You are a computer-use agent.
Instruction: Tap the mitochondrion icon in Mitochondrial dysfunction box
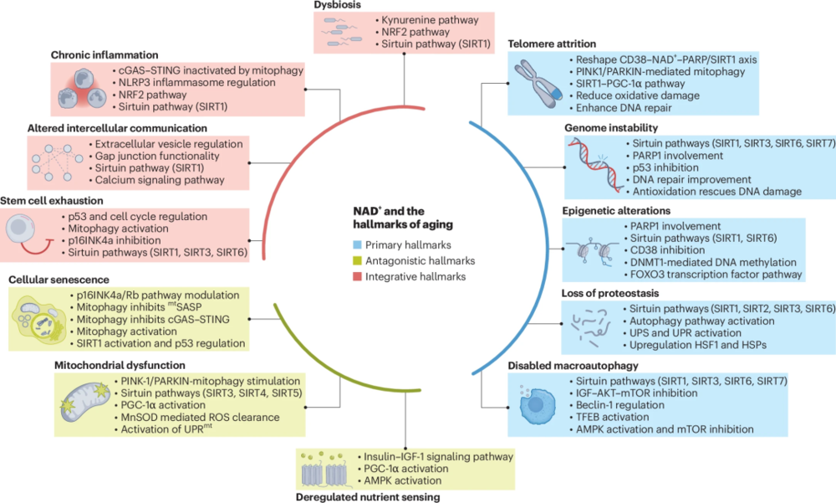click(82, 405)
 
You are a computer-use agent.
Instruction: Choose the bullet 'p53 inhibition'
click(656, 167)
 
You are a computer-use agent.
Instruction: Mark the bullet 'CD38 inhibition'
click(660, 249)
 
